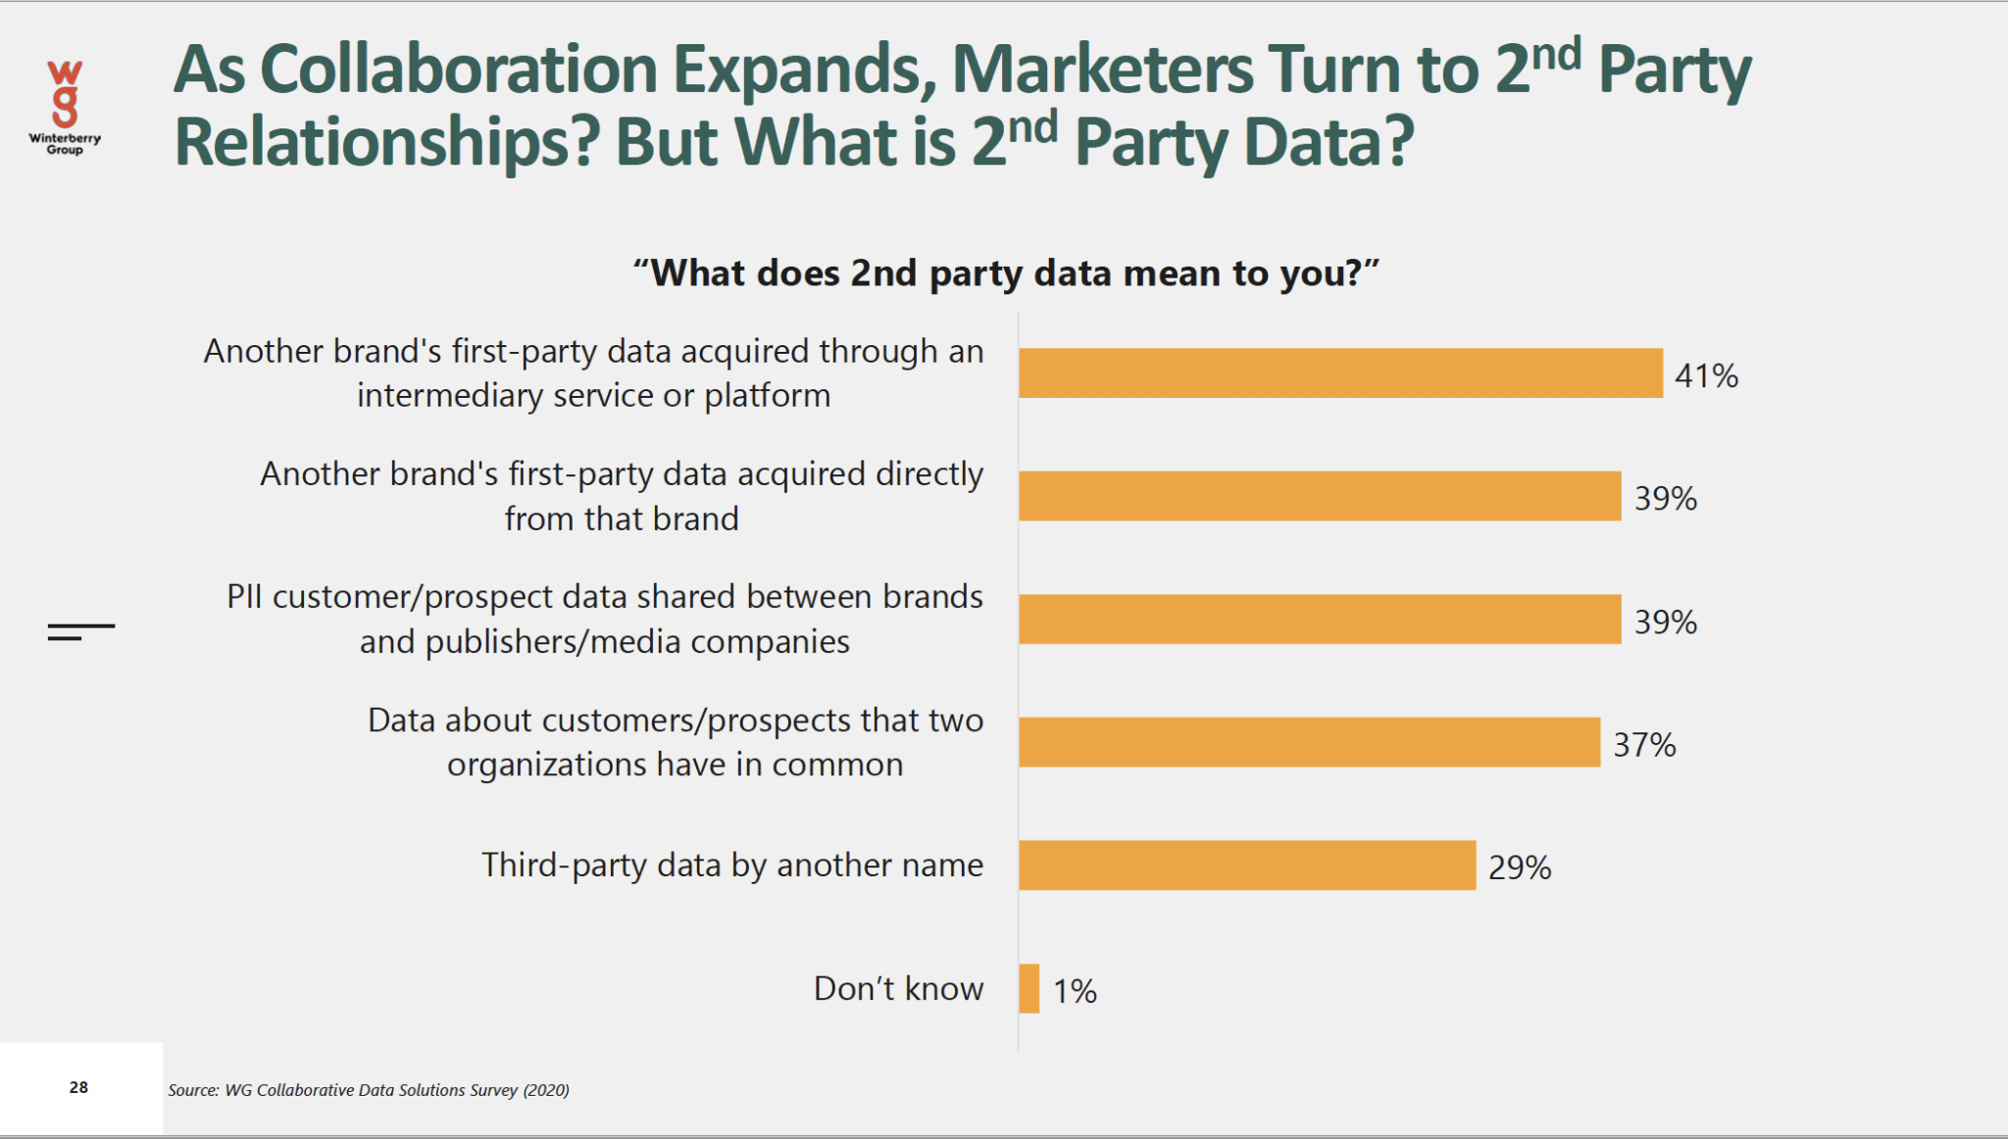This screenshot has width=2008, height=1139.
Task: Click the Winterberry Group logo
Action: pyautogui.click(x=65, y=106)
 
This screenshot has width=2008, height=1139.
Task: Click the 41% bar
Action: pyautogui.click(x=1339, y=373)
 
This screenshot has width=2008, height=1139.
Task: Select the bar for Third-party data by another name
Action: pyautogui.click(x=1246, y=866)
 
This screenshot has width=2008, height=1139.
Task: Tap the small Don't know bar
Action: pyautogui.click(x=1029, y=988)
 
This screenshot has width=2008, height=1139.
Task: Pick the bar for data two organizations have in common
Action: pyautogui.click(x=1308, y=742)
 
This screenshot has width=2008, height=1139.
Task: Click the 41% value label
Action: pyautogui.click(x=1705, y=375)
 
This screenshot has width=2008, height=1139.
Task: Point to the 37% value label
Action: pyautogui.click(x=1644, y=745)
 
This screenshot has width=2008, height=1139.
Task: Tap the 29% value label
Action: pyautogui.click(x=1519, y=867)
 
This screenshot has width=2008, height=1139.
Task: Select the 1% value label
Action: pyautogui.click(x=1075, y=991)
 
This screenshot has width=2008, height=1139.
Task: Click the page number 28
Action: pyautogui.click(x=78, y=1087)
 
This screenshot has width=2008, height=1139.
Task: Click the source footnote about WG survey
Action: pyautogui.click(x=368, y=1090)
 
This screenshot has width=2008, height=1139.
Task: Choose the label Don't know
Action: pyautogui.click(x=897, y=988)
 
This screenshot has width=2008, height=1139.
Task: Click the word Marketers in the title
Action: pyautogui.click(x=1102, y=70)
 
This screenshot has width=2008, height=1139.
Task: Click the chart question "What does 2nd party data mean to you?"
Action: pyautogui.click(x=1005, y=272)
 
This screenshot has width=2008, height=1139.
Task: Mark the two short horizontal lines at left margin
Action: pyautogui.click(x=80, y=631)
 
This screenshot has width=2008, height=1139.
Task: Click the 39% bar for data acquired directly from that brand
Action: pyautogui.click(x=1319, y=496)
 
